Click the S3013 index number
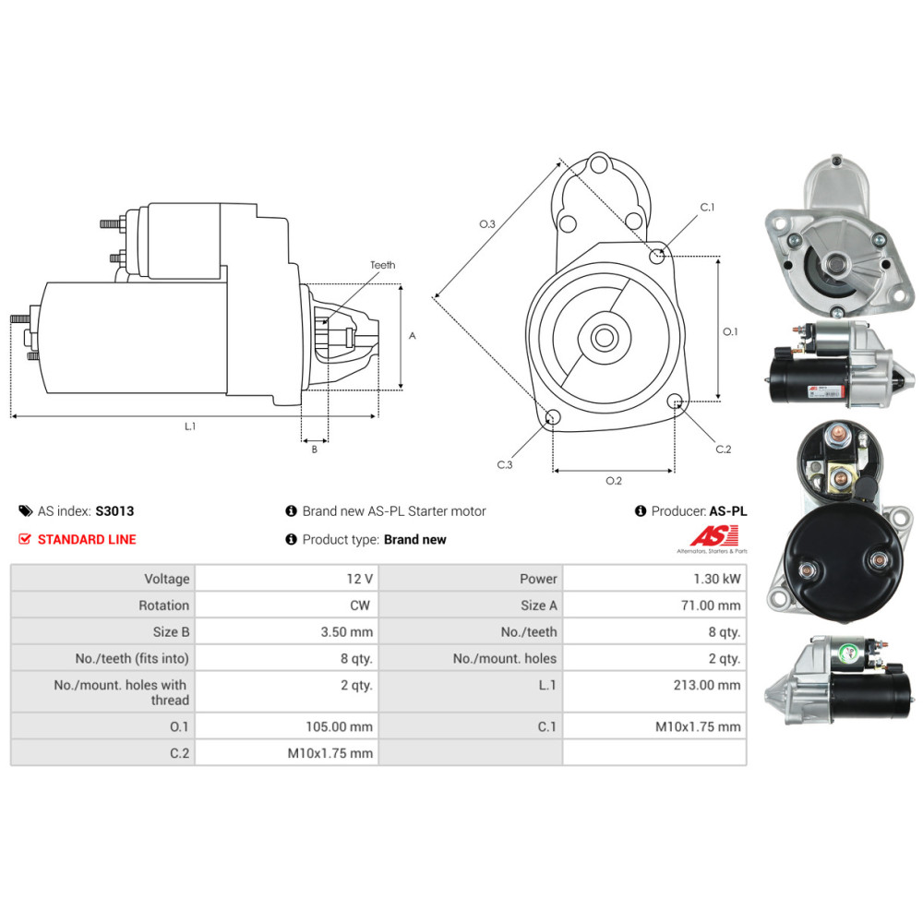[x=114, y=511]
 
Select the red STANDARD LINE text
[x=87, y=539]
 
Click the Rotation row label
[x=164, y=605]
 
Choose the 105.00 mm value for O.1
[x=339, y=727]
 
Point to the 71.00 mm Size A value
[x=711, y=605]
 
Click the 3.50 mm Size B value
[x=347, y=632]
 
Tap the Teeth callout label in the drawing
[x=383, y=265]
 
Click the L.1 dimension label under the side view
[x=190, y=426]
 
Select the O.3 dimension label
[x=487, y=223]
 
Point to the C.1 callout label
[x=707, y=207]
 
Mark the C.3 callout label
[x=505, y=464]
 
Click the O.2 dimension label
[x=614, y=481]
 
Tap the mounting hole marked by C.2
[x=676, y=402]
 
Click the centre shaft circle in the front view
[x=604, y=338]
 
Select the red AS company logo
[x=714, y=535]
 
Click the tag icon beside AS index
[x=25, y=511]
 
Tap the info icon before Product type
[x=291, y=539]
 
